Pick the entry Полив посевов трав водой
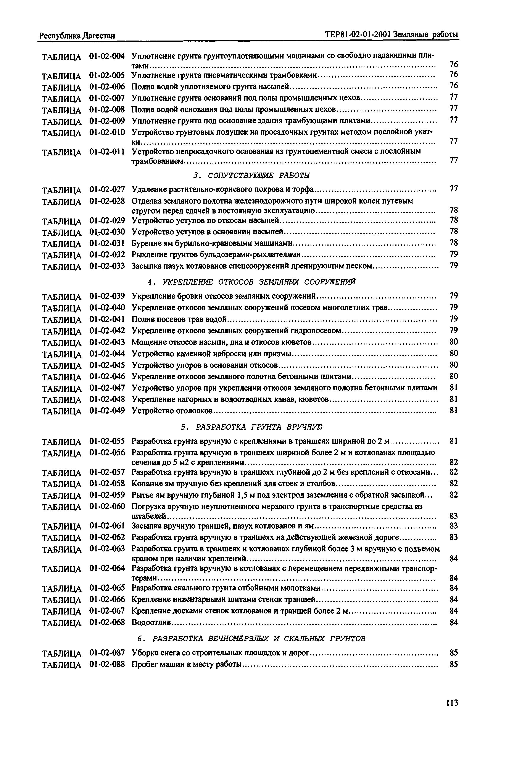click(179, 319)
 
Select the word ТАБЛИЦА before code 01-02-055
click(61, 442)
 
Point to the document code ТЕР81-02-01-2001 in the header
click(358, 34)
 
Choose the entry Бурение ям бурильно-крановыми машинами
click(212, 243)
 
